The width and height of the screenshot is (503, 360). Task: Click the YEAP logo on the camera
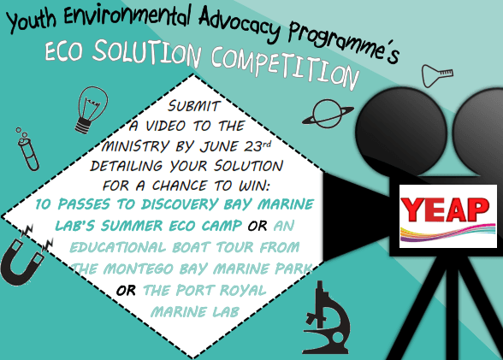(446, 210)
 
